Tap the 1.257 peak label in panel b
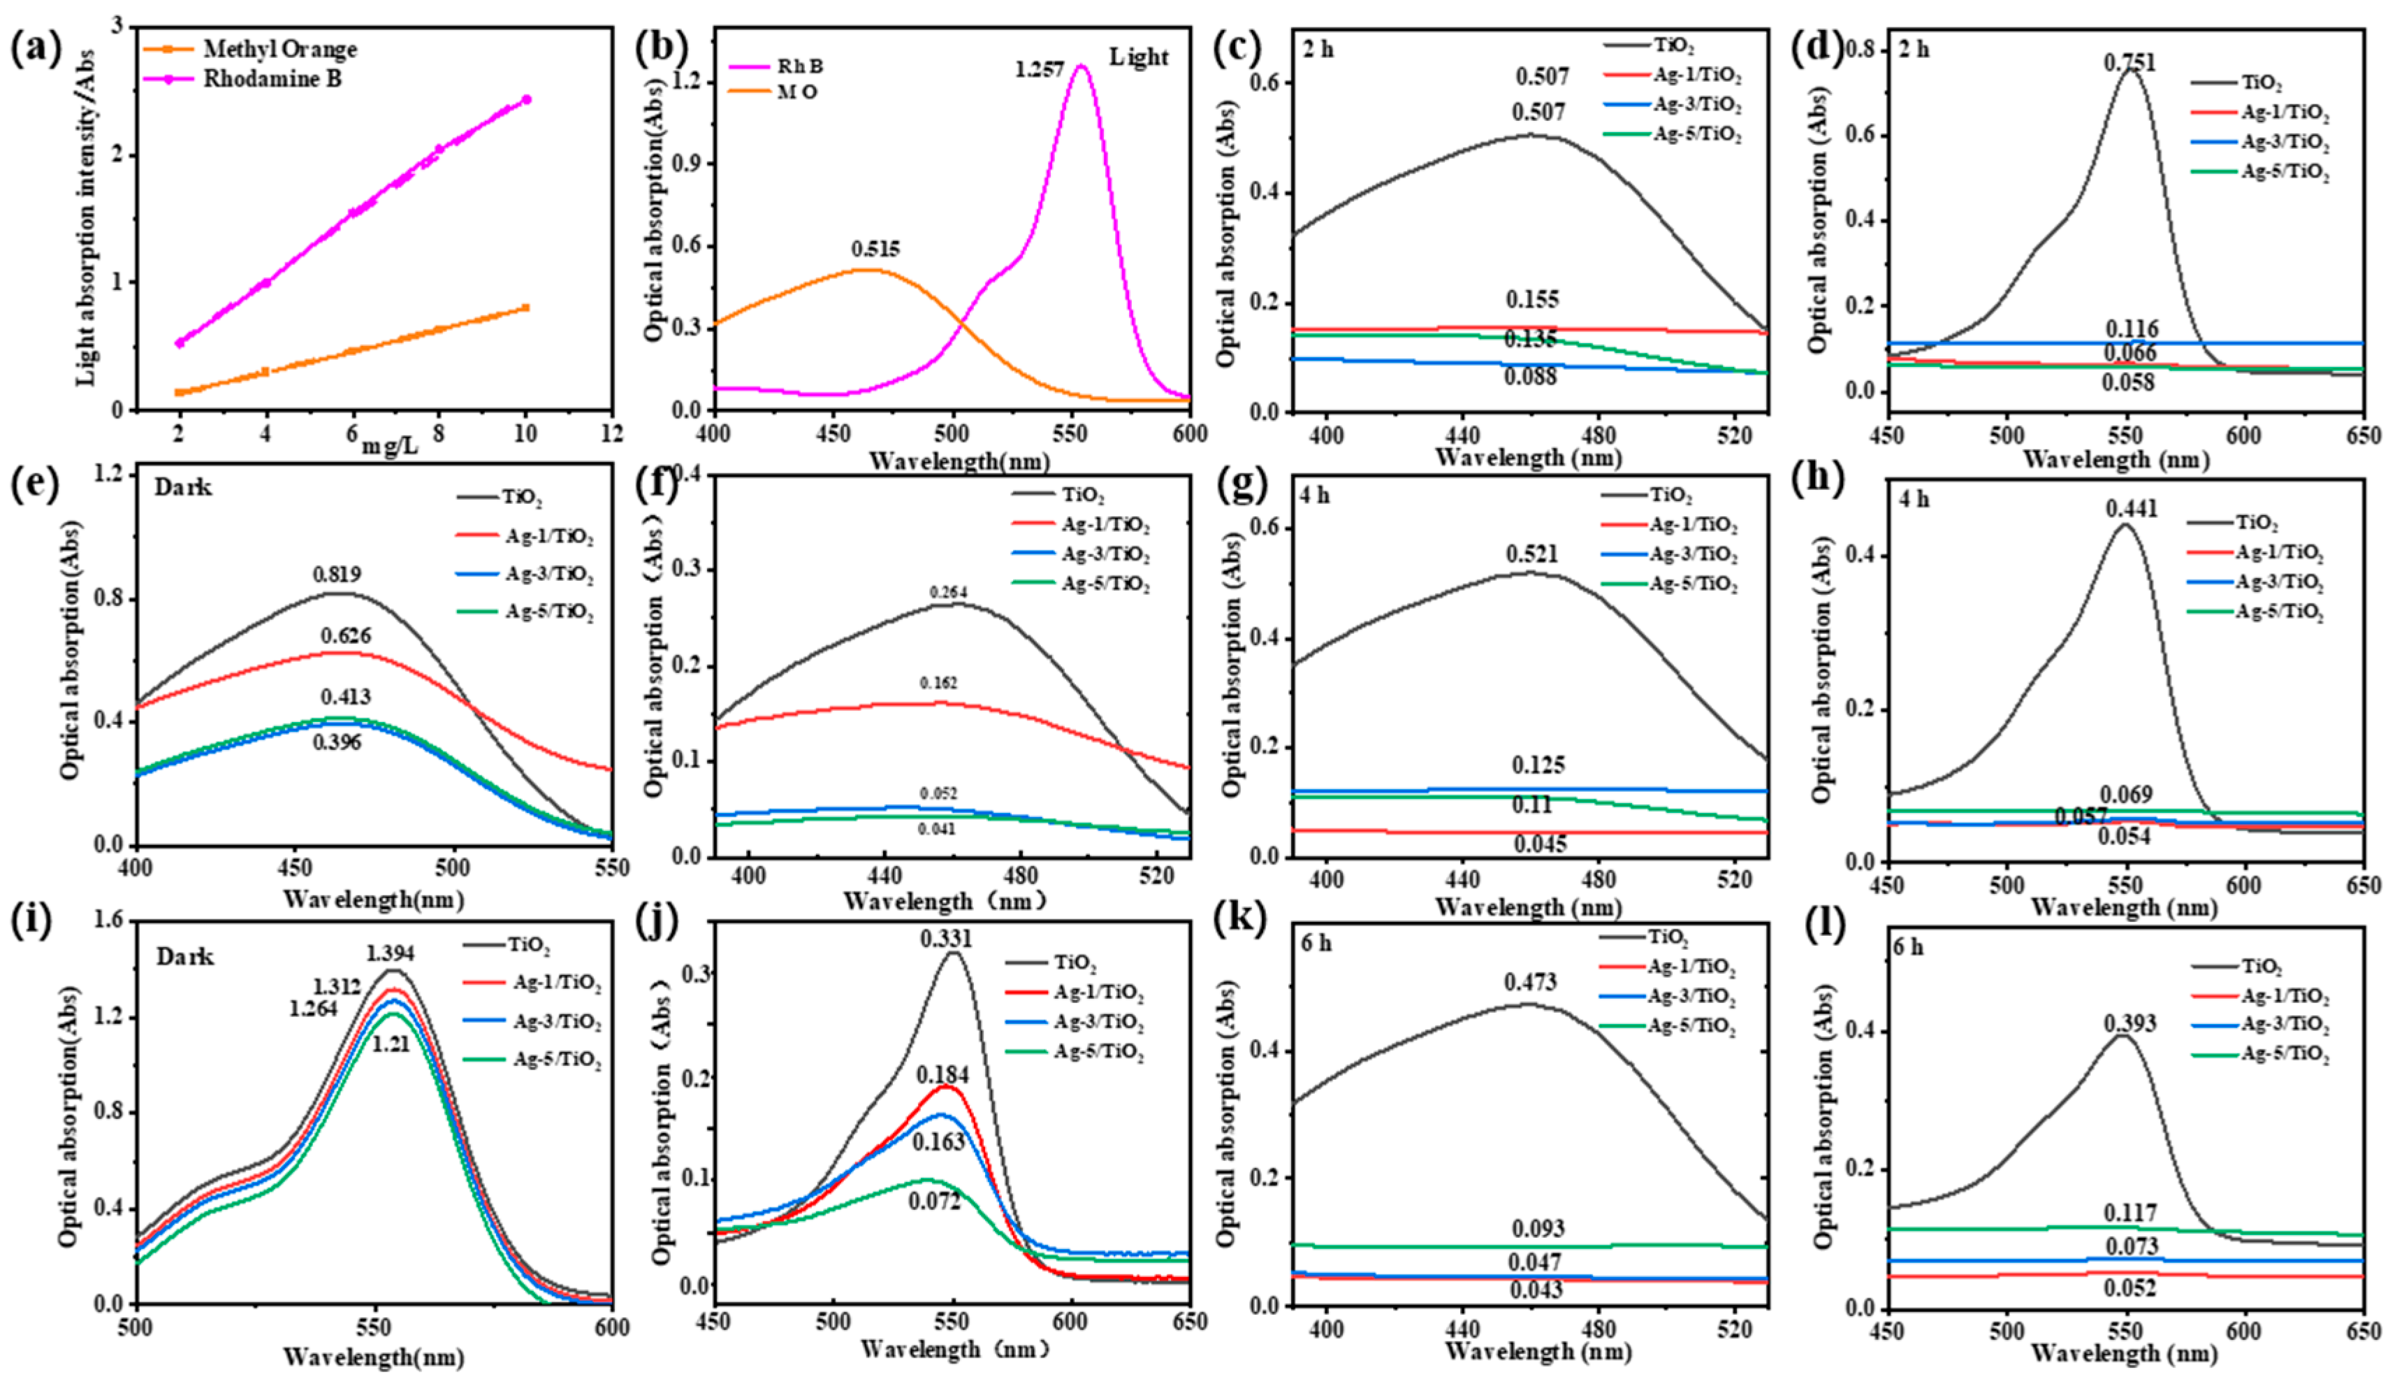click(1039, 70)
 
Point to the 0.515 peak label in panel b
click(875, 250)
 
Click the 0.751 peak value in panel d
click(2129, 63)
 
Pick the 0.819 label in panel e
click(337, 575)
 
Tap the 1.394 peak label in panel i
click(391, 953)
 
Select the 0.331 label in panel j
click(946, 939)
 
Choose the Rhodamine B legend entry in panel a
click(272, 79)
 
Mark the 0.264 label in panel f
click(949, 593)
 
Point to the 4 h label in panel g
click(1314, 496)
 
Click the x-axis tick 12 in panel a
click(612, 433)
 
